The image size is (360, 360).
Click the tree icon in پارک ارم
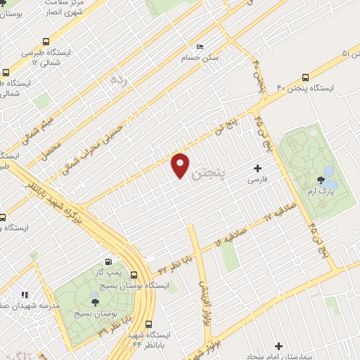point(327,180)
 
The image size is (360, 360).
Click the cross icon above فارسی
point(257,168)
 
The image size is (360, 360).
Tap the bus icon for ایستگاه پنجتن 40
point(306,77)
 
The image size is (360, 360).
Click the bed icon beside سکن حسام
point(200,46)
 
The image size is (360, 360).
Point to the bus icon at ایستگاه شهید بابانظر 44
point(148,325)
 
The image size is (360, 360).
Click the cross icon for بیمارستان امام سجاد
point(279,346)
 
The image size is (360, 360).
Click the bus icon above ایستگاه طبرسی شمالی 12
point(46,41)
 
